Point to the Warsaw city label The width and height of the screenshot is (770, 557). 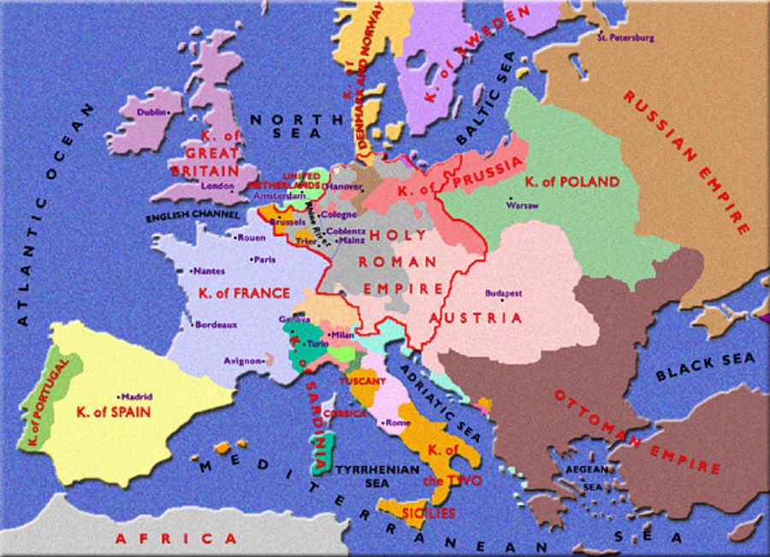pos(522,206)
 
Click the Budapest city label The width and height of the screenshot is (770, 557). pos(503,293)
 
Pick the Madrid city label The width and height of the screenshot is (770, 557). pos(137,396)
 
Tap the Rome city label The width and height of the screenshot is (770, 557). pos(399,423)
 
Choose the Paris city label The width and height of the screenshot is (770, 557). pos(263,258)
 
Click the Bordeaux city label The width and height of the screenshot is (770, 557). pos(216,325)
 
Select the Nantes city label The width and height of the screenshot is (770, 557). pos(210,271)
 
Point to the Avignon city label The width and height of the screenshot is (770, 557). pos(241,361)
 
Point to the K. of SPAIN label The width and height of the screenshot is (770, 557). pos(113,412)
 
